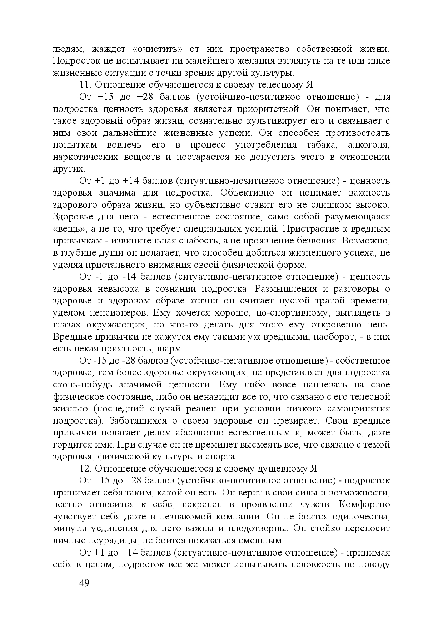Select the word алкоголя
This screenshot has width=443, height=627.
pyautogui.click(x=368, y=145)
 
